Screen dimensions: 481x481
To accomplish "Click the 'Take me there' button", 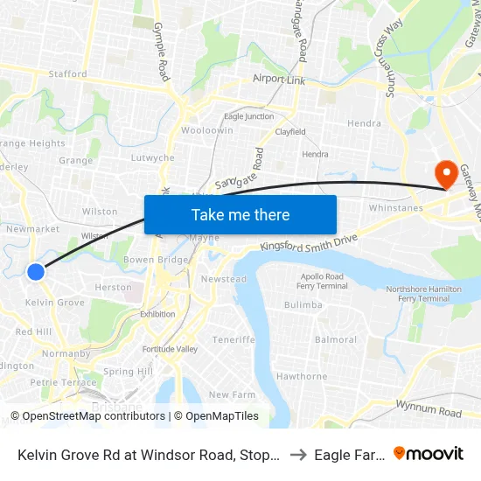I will click(240, 214).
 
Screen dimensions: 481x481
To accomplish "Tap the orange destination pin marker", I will click(445, 171).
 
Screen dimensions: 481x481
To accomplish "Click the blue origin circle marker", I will click(36, 272).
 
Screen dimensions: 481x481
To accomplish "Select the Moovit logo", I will click(429, 453).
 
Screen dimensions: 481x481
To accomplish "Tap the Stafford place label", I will click(67, 74).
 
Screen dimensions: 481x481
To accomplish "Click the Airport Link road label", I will click(281, 79).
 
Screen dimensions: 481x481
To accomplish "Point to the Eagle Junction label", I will click(248, 116).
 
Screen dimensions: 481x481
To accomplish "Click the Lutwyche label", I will click(152, 158).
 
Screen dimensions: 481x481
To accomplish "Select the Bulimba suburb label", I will click(303, 305).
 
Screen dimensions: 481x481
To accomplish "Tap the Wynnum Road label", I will click(429, 411).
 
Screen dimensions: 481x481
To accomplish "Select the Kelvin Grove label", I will click(54, 303).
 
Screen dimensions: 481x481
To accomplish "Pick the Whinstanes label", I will click(395, 208).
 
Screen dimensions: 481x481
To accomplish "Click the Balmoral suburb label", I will click(336, 339).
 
